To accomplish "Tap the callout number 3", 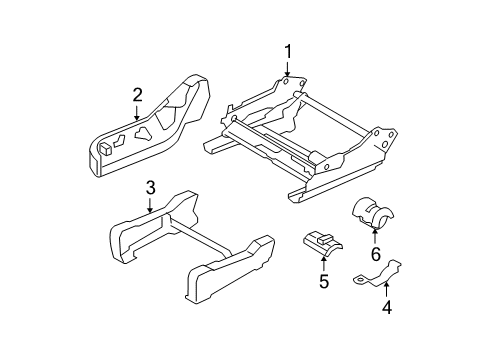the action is click(x=150, y=187).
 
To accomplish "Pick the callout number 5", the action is click(x=324, y=281).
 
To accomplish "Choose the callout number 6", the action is click(x=376, y=261).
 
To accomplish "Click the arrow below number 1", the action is click(x=287, y=70).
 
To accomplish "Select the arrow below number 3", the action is click(x=150, y=206).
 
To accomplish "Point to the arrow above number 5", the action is click(x=324, y=263).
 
